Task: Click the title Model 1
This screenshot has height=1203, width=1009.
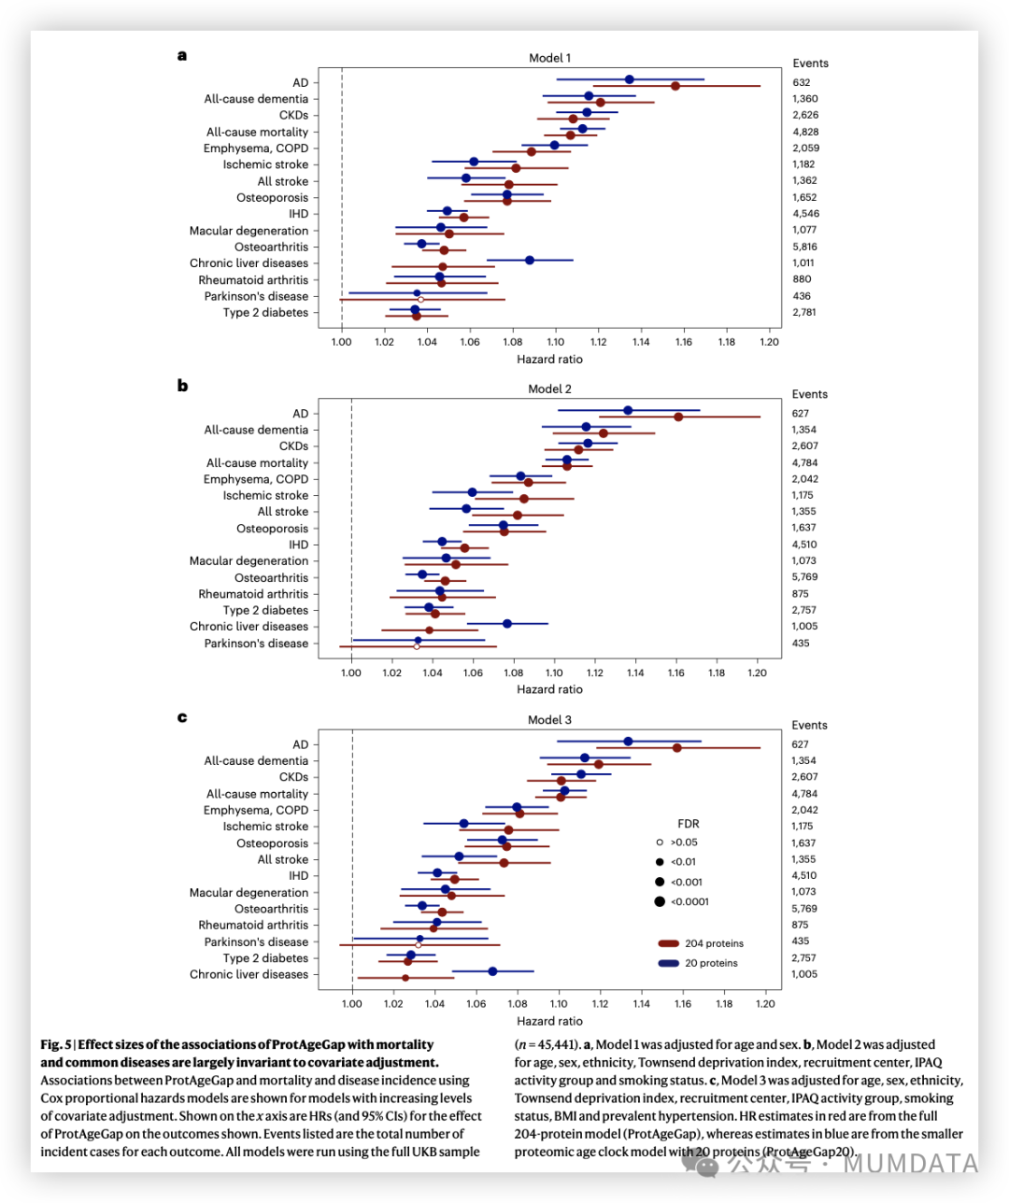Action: pos(549,58)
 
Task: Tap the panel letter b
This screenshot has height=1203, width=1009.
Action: pos(182,386)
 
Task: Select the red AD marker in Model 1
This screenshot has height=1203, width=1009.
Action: pos(675,86)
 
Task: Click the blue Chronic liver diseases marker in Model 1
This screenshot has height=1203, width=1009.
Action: pos(530,261)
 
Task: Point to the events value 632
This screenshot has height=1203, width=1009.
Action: pos(802,82)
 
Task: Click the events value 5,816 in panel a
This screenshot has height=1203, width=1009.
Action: pos(804,247)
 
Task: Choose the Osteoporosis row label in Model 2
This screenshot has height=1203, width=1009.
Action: pos(272,529)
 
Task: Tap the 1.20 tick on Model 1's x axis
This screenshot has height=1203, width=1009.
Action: pos(769,343)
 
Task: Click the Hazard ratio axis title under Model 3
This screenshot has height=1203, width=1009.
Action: pos(549,1021)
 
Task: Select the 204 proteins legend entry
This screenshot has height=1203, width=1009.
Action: pos(714,943)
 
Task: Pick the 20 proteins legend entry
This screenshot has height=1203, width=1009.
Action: pos(711,963)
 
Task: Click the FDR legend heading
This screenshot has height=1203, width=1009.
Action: pos(688,824)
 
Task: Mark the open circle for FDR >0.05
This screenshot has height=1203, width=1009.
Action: pos(660,842)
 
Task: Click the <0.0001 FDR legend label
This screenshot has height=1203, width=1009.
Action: pos(689,901)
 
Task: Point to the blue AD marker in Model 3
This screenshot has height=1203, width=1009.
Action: pos(628,742)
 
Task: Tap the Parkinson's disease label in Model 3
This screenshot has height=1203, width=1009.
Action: pos(256,941)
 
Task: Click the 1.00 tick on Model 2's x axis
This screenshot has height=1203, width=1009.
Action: pos(351,673)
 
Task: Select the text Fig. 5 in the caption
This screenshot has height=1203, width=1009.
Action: pos(56,1044)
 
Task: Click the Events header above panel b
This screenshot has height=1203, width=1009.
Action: pos(810,394)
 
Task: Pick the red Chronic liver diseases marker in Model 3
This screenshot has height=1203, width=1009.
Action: pos(405,978)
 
